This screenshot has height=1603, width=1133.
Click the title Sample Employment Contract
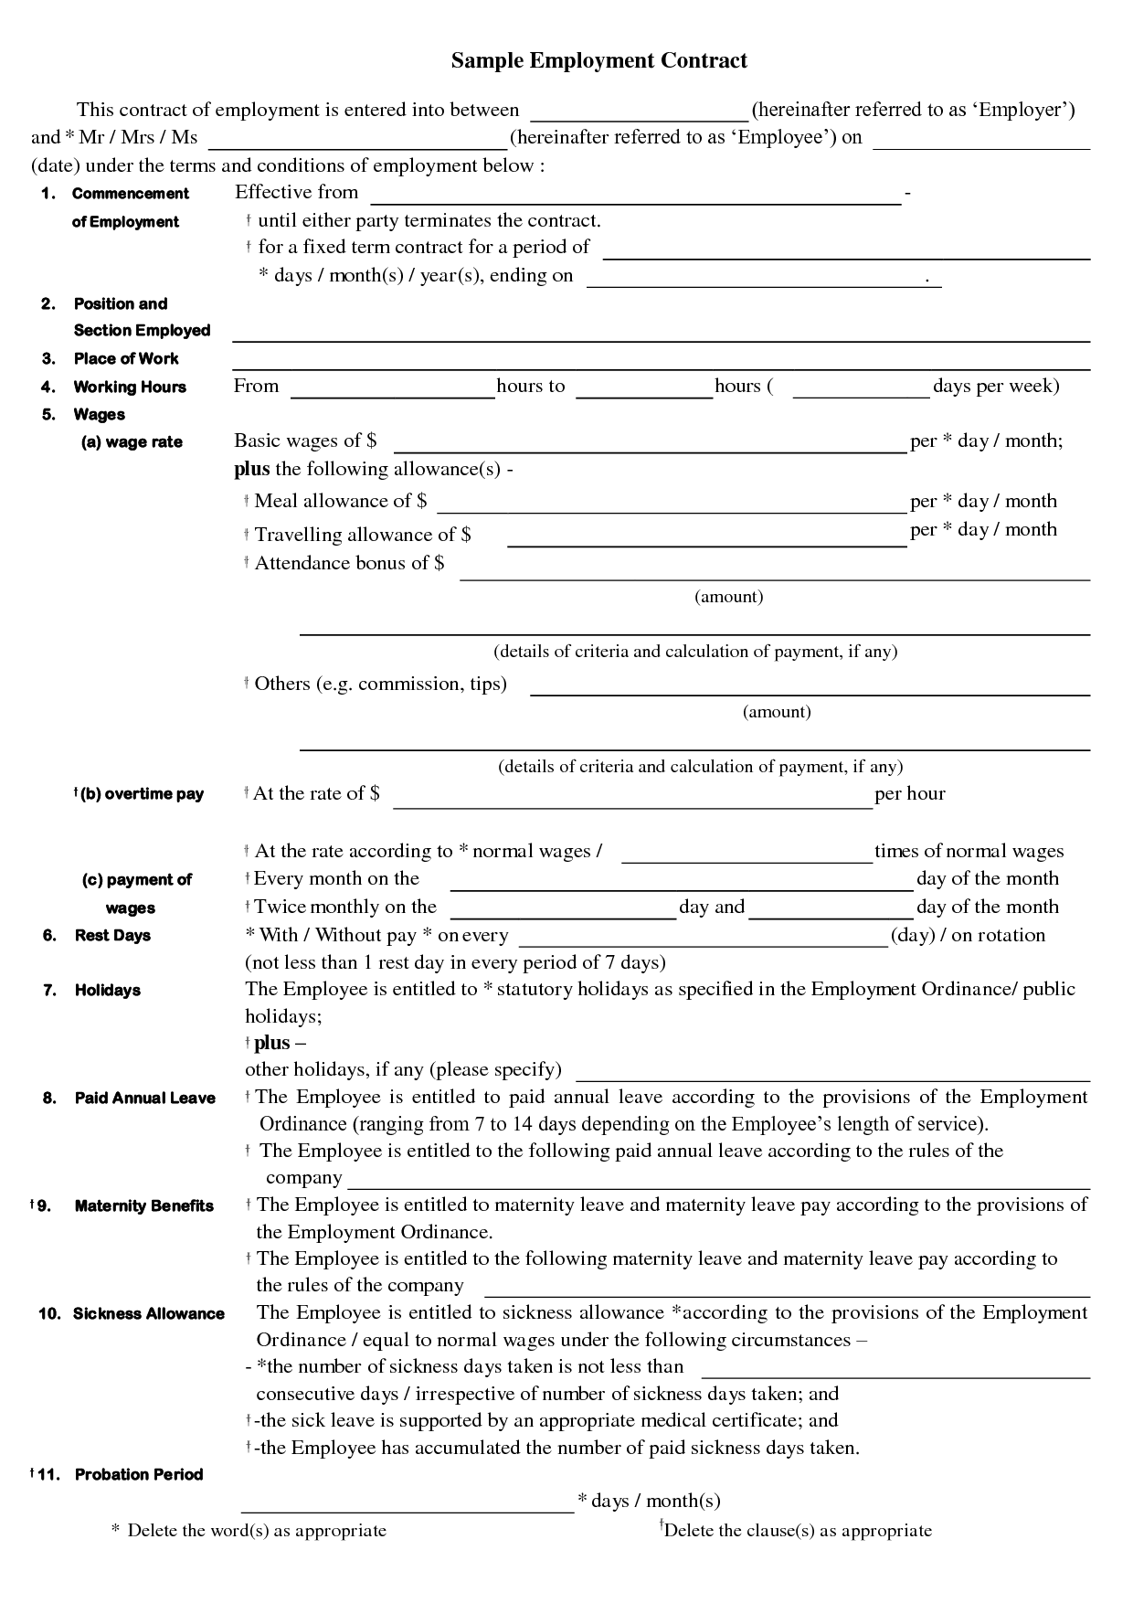598,61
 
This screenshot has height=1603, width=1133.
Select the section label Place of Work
126,359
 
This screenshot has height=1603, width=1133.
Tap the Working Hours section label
130,387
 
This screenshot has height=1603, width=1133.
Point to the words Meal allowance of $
341,501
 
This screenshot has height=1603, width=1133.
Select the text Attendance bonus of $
349,563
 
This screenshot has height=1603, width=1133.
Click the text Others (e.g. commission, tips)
380,684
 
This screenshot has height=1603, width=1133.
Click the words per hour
910,794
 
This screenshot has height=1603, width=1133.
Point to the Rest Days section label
112,936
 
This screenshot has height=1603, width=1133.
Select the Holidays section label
108,991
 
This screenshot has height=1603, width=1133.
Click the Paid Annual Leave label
145,1099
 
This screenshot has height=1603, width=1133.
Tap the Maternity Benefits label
144,1206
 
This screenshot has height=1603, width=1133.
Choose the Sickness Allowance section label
149,1314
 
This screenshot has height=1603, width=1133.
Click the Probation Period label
139,1474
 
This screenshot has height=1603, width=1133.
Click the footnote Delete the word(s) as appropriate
257,1531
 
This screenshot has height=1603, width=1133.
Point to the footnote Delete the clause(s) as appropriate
798,1531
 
